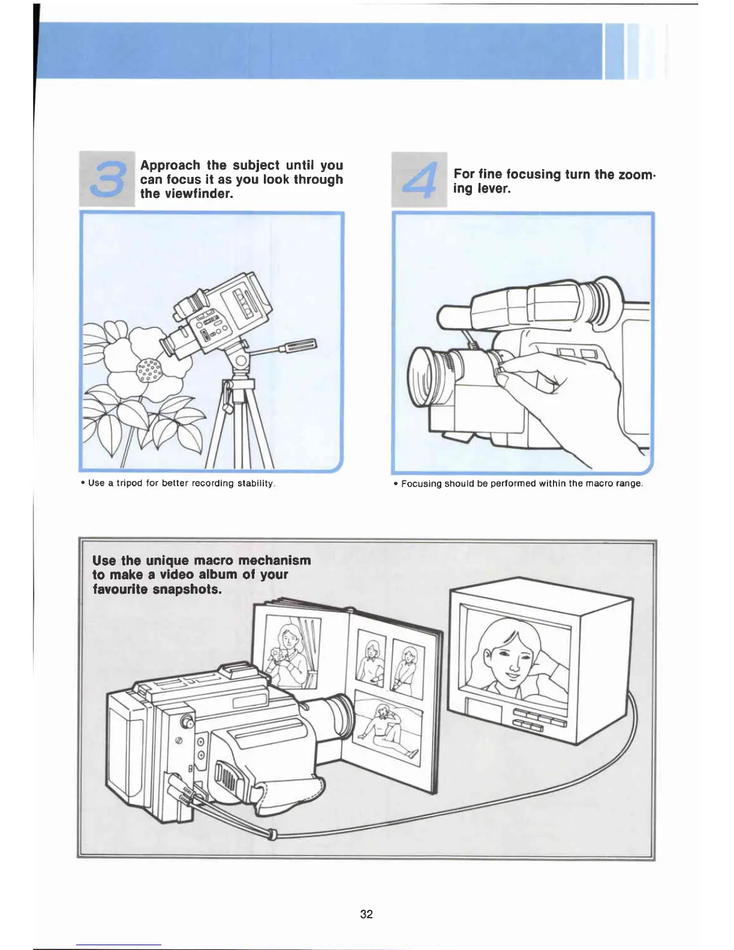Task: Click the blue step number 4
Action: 420,179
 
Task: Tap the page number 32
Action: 366,913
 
